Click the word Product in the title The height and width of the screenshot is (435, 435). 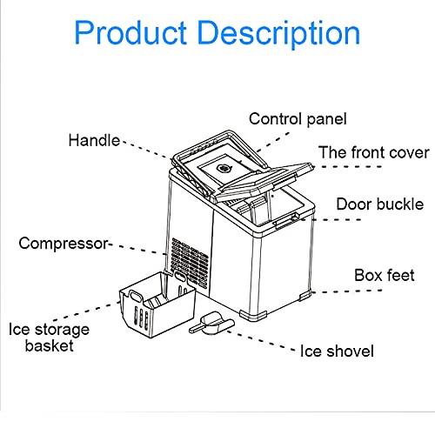pos(130,32)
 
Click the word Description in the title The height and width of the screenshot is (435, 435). pos(278,34)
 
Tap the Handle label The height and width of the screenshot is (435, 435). pos(94,140)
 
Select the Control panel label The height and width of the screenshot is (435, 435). pos(298,119)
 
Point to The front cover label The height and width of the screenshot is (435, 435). pos(374,152)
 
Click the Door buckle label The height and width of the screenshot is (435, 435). pos(380,204)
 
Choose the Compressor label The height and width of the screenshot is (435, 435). pos(64,244)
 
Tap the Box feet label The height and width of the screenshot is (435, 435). pos(385,275)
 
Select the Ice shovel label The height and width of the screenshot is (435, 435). pos(337,351)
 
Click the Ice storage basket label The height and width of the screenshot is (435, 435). pos(49,338)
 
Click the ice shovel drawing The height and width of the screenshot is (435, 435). pos(211,324)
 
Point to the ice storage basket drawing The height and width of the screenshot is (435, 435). pos(157,304)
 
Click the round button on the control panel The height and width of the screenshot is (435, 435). pos(224,169)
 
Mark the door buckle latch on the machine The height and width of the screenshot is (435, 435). pos(285,220)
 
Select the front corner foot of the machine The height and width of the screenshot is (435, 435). pos(253,316)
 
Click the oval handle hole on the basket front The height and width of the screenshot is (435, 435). pos(136,296)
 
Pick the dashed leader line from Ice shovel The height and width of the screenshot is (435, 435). pos(261,340)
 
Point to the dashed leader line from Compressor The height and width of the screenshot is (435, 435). pos(138,249)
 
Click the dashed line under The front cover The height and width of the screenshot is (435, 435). pos(347,167)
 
